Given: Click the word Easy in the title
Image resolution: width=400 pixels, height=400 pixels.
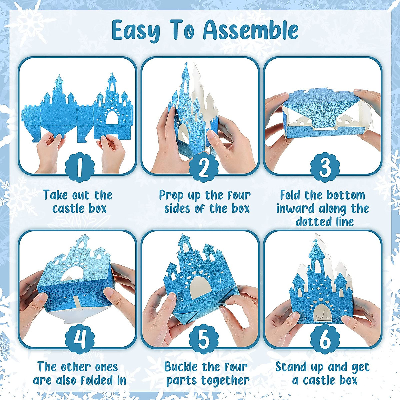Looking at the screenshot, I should (x=135, y=31).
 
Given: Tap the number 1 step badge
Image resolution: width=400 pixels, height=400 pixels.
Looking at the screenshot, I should (x=79, y=167).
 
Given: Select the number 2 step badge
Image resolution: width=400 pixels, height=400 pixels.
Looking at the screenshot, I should (x=203, y=167).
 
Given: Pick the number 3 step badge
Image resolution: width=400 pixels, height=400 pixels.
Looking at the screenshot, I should (x=325, y=167).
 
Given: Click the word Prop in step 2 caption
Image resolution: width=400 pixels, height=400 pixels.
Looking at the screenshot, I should (x=172, y=195).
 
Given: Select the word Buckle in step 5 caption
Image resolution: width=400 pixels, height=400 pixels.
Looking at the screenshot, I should (x=181, y=367).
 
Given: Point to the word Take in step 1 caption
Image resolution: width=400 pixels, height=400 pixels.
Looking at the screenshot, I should (x=55, y=195).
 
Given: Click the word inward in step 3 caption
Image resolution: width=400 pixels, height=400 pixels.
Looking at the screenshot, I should (x=295, y=209).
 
